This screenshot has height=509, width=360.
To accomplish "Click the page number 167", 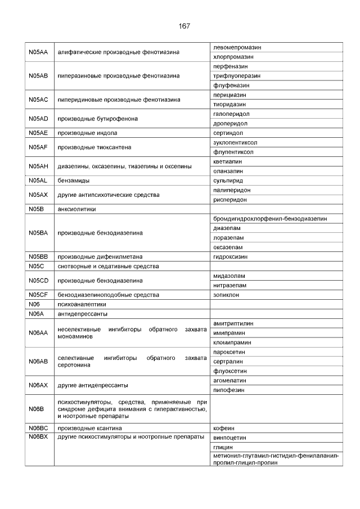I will pyautogui.click(x=184, y=26).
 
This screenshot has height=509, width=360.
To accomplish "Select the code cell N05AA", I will pyautogui.click(x=38, y=52).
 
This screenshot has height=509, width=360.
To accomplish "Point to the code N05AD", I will pyautogui.click(x=38, y=119).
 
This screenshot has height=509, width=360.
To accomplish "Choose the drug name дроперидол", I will pyautogui.click(x=230, y=123).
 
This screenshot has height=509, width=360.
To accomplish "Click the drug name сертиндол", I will pyautogui.click(x=228, y=133).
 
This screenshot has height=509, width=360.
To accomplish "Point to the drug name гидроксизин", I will pyautogui.click(x=231, y=256).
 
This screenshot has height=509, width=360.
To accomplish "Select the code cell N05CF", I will pyautogui.click(x=38, y=295).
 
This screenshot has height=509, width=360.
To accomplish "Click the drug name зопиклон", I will pyautogui.click(x=227, y=295).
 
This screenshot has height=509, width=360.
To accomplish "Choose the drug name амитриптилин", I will pyautogui.click(x=233, y=323).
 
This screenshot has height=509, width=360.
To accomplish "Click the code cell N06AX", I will pyautogui.click(x=38, y=385).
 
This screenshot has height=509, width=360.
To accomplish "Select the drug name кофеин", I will pyautogui.click(x=224, y=428).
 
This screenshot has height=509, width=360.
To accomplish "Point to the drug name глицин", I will pyautogui.click(x=223, y=447).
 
